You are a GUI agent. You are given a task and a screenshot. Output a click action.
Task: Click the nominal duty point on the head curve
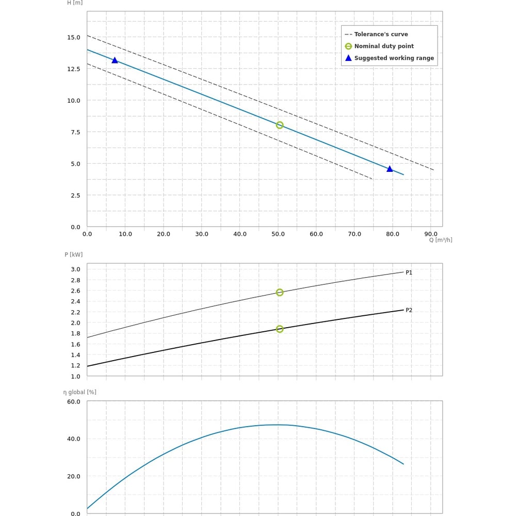coord(280,125)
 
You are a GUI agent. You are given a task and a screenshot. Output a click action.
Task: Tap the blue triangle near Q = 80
coord(390,169)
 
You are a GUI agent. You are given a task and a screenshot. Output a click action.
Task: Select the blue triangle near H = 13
coord(115,60)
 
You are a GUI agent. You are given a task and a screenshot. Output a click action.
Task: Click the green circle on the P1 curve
coord(280,293)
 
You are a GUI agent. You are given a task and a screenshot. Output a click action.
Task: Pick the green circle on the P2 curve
coord(280,329)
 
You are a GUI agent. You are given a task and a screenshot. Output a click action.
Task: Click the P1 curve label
coord(409,272)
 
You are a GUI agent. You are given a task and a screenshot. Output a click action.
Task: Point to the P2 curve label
coord(409,310)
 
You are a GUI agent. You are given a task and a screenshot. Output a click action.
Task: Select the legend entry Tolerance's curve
coord(381,35)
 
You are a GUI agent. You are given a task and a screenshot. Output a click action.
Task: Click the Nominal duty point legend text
coord(384,46)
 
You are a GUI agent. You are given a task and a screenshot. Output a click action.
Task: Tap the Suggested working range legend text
coord(394,58)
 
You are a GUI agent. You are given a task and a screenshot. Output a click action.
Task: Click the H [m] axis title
coord(75,3)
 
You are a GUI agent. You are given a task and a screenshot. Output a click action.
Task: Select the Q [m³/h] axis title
coord(441,240)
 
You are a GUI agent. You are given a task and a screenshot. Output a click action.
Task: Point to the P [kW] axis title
coord(73,254)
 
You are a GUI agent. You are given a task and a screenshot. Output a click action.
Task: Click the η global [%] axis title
coord(80,392)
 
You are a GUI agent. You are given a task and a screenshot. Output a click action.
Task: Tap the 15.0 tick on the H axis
coord(73,37)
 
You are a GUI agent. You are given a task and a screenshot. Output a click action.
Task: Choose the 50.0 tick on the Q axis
coord(278,234)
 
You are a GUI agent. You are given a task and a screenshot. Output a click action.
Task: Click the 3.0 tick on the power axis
coord(75,269)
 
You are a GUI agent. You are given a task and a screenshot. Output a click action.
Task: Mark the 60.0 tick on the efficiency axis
coord(73,402)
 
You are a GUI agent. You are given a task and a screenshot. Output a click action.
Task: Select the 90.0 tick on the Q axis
coord(431,234)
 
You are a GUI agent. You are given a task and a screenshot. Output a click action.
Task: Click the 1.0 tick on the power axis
coord(75,377)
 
